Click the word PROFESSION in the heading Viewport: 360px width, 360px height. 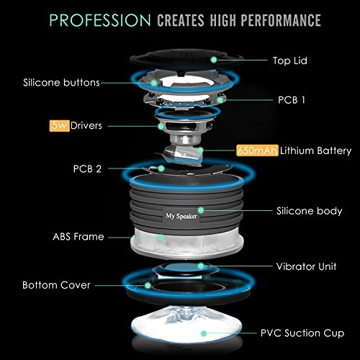(x=100, y=20)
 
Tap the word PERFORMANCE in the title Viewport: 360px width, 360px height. (x=281, y=20)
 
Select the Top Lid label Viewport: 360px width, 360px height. (x=290, y=60)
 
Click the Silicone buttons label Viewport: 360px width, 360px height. (x=61, y=83)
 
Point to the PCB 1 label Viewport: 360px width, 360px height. (x=292, y=100)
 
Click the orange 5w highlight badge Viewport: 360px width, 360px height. (x=60, y=125)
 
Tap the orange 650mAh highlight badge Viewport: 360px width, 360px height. (x=257, y=150)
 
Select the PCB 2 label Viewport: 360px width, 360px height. (x=87, y=168)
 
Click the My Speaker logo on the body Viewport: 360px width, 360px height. (x=181, y=216)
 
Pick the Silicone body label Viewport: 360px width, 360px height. (x=309, y=211)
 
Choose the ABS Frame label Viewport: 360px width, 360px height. (x=78, y=237)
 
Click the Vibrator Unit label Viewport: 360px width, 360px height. (x=306, y=266)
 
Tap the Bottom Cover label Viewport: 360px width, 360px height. (x=56, y=285)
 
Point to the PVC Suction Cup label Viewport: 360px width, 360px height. (x=302, y=333)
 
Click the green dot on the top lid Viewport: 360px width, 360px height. (x=214, y=60)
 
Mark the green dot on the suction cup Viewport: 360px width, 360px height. (x=204, y=333)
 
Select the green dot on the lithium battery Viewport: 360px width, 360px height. (x=200, y=150)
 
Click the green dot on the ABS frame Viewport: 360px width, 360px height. (x=161, y=238)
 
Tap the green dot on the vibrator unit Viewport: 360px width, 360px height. (x=201, y=266)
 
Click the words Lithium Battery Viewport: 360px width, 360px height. (x=315, y=151)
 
